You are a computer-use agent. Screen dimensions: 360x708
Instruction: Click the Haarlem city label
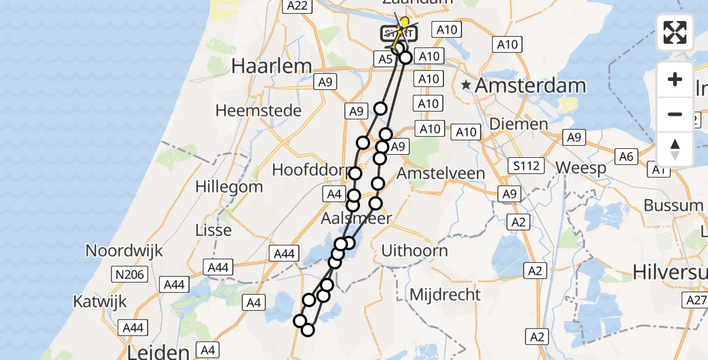[x=272, y=66]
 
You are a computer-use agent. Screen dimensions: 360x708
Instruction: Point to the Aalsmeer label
[x=356, y=218]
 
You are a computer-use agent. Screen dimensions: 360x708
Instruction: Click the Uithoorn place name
[x=414, y=251]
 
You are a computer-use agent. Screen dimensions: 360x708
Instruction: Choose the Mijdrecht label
[x=445, y=295]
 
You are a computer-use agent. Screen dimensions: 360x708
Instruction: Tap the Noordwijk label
[x=124, y=250]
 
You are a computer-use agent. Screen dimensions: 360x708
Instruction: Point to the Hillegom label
[x=230, y=187]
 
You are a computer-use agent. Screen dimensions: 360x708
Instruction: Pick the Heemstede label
[x=259, y=111]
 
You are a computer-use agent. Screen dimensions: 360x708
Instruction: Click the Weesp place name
[x=581, y=169]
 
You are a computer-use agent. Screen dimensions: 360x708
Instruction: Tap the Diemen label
[x=510, y=124]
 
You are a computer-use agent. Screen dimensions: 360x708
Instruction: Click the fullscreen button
[x=675, y=32]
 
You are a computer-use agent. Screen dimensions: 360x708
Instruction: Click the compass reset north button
[x=675, y=149]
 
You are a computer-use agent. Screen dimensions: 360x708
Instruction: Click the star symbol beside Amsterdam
[x=466, y=85]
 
